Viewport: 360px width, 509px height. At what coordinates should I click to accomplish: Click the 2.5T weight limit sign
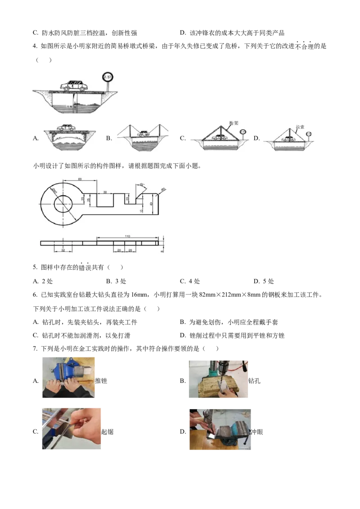click(108, 77)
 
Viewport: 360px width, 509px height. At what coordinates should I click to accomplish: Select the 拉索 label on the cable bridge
click(300, 127)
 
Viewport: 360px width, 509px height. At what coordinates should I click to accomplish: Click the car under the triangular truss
click(220, 136)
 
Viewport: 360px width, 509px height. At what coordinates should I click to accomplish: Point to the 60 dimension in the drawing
click(80, 179)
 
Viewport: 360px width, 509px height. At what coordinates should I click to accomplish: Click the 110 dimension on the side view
click(127, 236)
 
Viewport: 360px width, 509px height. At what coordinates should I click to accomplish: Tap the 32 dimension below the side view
click(63, 250)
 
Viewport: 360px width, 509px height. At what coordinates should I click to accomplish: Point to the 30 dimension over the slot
click(105, 192)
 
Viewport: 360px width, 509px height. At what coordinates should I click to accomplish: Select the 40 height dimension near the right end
click(152, 204)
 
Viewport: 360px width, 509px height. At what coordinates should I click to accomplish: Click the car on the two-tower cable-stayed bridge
click(144, 134)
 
